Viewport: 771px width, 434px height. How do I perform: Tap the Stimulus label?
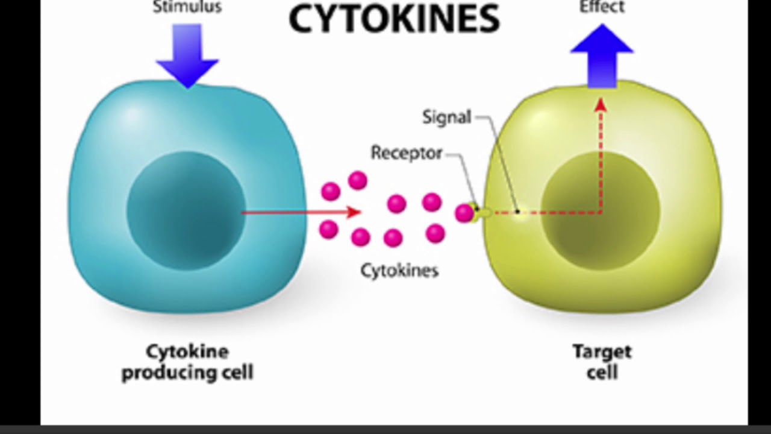click(x=187, y=7)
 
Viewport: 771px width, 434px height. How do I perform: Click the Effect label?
click(x=602, y=7)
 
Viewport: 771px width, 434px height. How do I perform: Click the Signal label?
click(x=446, y=117)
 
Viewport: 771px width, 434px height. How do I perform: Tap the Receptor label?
click(x=407, y=153)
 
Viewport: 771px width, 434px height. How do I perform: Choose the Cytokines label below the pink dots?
click(x=399, y=271)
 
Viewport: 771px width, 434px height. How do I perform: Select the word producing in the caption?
click(x=169, y=373)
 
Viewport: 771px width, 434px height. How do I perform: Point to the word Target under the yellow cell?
click(x=602, y=352)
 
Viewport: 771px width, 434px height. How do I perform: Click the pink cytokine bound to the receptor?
click(x=464, y=213)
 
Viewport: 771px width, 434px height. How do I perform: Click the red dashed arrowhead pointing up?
click(x=601, y=105)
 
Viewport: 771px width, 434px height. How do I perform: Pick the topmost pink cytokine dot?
click(x=358, y=180)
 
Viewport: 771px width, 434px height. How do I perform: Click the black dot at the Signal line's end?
click(x=517, y=212)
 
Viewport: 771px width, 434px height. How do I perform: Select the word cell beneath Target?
click(x=602, y=373)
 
